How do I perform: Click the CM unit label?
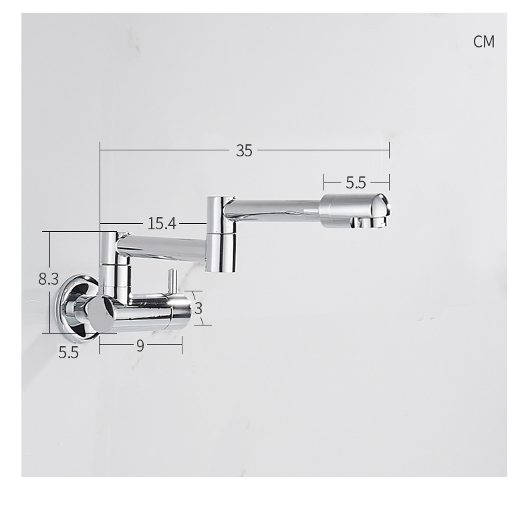tap(483, 41)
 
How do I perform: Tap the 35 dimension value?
tap(244, 150)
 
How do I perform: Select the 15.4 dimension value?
tap(162, 223)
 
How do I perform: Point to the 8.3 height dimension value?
tap(49, 279)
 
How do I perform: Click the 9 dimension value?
tap(140, 346)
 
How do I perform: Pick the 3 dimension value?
tap(199, 308)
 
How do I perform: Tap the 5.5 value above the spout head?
tap(356, 182)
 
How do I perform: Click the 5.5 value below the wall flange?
tap(68, 352)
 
